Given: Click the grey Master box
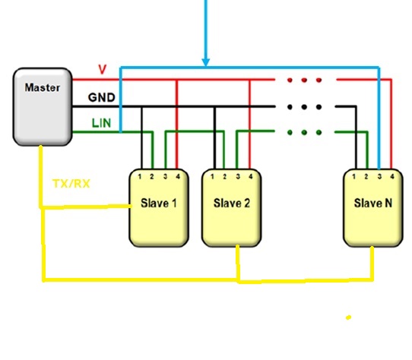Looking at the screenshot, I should [42, 106].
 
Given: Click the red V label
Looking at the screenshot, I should [103, 69].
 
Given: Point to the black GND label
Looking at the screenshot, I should [101, 98].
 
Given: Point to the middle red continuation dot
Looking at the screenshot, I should [305, 79].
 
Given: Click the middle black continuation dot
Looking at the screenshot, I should [305, 107].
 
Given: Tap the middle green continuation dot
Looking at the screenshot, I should [305, 132].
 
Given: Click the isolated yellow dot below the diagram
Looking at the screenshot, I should [349, 317].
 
